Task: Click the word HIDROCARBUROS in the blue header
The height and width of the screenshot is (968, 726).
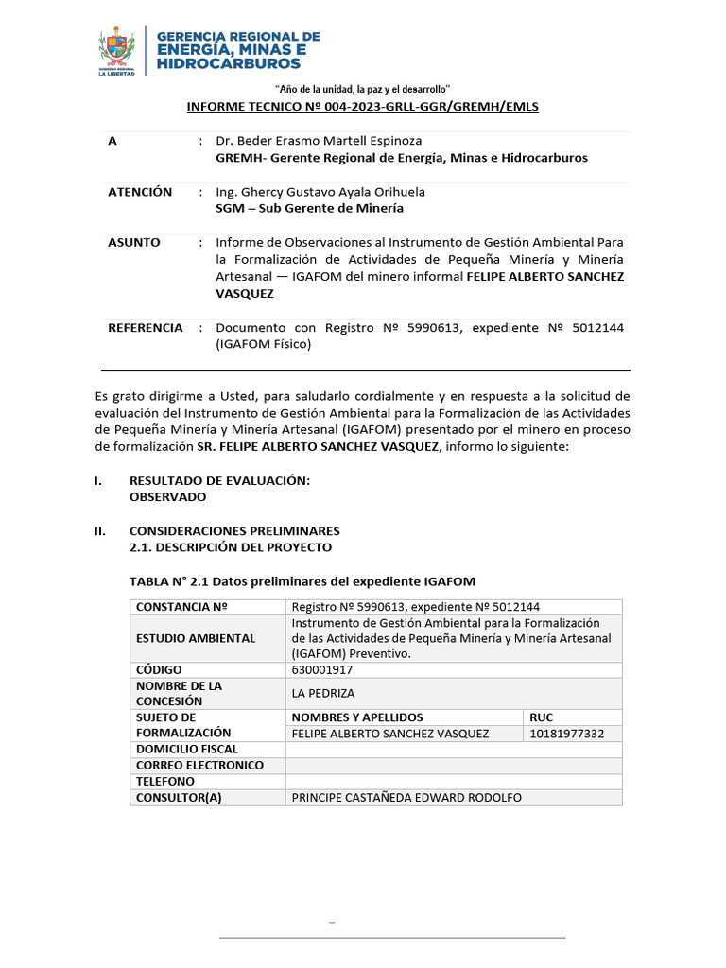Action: pyautogui.click(x=229, y=63)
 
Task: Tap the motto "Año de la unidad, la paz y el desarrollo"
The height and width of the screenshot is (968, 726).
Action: pyautogui.click(x=362, y=88)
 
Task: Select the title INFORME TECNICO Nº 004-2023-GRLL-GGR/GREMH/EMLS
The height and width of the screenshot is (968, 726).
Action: pyautogui.click(x=362, y=107)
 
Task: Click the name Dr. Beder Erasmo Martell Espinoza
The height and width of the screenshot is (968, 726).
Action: pyautogui.click(x=319, y=141)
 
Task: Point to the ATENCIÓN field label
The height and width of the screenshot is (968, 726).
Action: pyautogui.click(x=140, y=192)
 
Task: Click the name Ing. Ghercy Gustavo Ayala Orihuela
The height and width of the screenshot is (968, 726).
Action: pyautogui.click(x=321, y=192)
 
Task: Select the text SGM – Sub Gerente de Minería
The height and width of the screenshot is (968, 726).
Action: pyautogui.click(x=309, y=208)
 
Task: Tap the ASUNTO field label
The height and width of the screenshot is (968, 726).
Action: pyautogui.click(x=134, y=243)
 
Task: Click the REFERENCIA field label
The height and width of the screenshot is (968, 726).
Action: pyautogui.click(x=146, y=328)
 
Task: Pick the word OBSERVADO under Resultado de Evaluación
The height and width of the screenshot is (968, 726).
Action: pyautogui.click(x=167, y=496)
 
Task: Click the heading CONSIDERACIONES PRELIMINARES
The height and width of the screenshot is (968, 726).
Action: pyautogui.click(x=233, y=531)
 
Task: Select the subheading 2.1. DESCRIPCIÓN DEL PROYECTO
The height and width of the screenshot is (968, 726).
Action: pyautogui.click(x=230, y=547)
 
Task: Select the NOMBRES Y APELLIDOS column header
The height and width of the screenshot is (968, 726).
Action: pyautogui.click(x=357, y=717)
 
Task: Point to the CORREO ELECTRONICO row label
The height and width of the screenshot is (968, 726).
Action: pyautogui.click(x=199, y=766)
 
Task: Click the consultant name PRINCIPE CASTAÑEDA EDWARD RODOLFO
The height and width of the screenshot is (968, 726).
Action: pyautogui.click(x=406, y=798)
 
